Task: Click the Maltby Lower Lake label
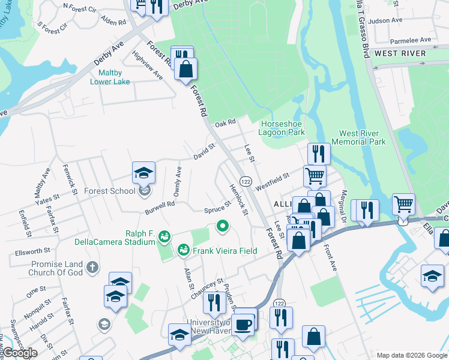coord(110,77)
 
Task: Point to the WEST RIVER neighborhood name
coord(400,53)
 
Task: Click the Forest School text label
coord(110,191)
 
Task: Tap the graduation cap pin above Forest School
coord(143,173)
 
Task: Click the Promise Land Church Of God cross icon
coord(92,266)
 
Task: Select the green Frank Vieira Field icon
coord(184,250)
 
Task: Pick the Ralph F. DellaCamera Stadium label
coord(132,238)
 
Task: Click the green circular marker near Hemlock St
coord(222,226)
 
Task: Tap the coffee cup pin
coord(243,325)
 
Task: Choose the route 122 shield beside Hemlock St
coord(245,181)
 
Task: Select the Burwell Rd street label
coord(159,208)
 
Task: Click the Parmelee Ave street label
coord(411,40)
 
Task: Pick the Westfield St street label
coord(272,181)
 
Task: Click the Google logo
coord(19,353)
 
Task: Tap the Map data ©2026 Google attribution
coord(411,355)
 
